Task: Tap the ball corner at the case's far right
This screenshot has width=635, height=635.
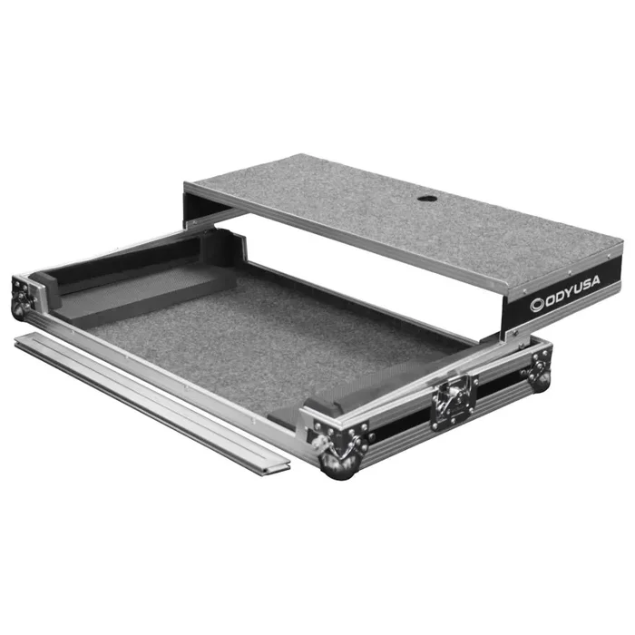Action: (x=542, y=378)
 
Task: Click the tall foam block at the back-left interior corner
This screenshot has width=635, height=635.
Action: (x=222, y=249)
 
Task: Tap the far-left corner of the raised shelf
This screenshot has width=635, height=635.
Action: (x=187, y=185)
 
